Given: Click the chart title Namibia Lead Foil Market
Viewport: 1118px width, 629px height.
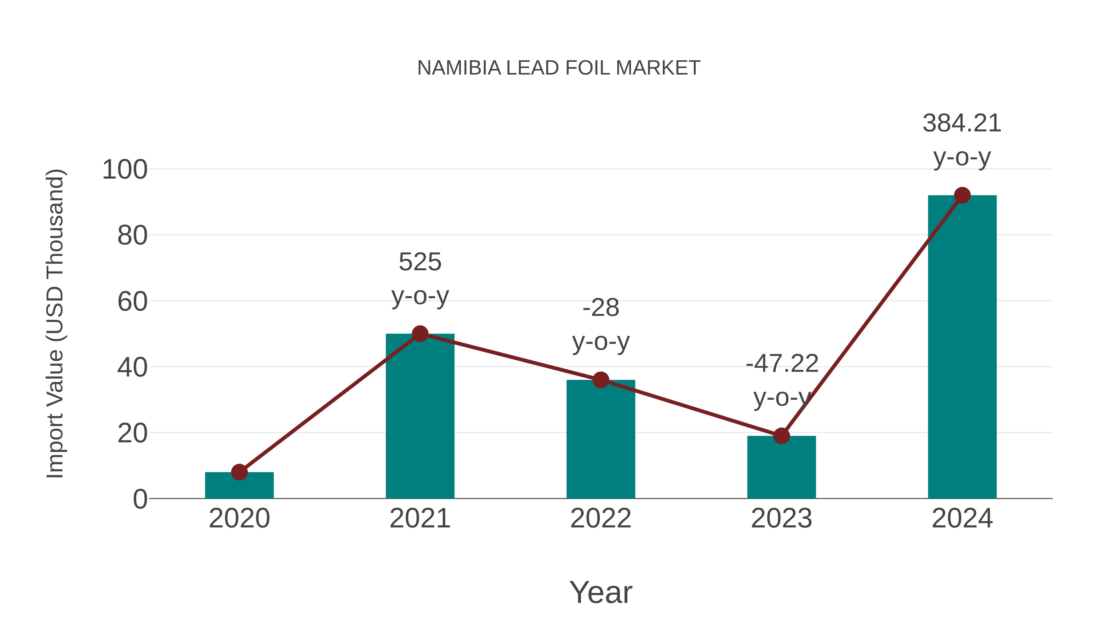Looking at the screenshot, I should pyautogui.click(x=559, y=68).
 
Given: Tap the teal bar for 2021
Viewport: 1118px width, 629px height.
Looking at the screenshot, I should pyautogui.click(x=420, y=417).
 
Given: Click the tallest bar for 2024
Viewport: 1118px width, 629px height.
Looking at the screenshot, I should pyautogui.click(x=962, y=347).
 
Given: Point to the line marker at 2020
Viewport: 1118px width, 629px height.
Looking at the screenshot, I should pyautogui.click(x=239, y=472).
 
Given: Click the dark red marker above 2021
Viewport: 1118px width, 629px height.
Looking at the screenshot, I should pyautogui.click(x=420, y=334).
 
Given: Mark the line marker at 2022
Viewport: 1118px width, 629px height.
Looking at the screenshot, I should pyautogui.click(x=601, y=380).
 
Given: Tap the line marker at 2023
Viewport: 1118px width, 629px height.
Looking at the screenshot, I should pyautogui.click(x=781, y=436).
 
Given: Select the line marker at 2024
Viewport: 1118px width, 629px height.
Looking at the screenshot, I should pyautogui.click(x=962, y=195).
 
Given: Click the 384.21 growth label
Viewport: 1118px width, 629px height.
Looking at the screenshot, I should pyautogui.click(x=962, y=123).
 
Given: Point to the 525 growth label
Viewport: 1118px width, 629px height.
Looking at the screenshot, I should pyautogui.click(x=420, y=262).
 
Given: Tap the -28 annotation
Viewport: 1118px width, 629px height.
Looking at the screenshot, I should pyautogui.click(x=601, y=308).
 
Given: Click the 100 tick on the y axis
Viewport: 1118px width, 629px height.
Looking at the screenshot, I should pyautogui.click(x=125, y=170).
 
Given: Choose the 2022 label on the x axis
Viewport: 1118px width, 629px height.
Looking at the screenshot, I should pyautogui.click(x=601, y=518).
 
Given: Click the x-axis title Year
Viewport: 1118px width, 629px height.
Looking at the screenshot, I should pyautogui.click(x=601, y=593).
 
